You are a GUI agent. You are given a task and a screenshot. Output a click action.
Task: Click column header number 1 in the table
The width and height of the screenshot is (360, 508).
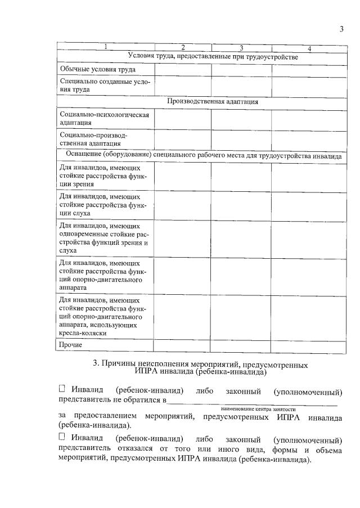(x=105, y=47)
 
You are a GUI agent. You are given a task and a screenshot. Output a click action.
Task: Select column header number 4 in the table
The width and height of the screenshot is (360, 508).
(x=309, y=48)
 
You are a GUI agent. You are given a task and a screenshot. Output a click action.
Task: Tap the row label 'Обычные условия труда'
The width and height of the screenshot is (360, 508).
(x=98, y=69)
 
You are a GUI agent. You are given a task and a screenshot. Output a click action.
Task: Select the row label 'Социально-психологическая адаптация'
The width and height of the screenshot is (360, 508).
(x=104, y=118)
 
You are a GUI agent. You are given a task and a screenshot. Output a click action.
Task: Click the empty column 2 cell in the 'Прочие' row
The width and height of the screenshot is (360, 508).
(x=182, y=344)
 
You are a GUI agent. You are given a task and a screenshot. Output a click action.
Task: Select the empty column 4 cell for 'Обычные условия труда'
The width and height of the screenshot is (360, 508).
(x=309, y=69)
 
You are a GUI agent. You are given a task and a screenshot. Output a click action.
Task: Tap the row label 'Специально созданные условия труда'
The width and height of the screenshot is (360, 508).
(x=104, y=85)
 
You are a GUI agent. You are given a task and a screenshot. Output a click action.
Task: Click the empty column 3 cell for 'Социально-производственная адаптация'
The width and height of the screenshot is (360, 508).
(x=241, y=139)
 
